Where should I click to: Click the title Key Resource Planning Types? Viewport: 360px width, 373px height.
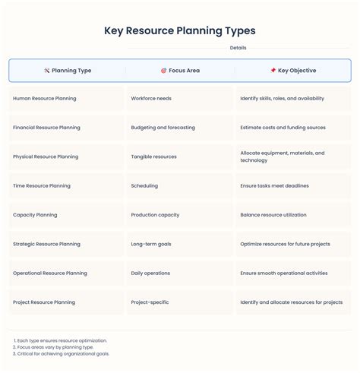[x=180, y=31]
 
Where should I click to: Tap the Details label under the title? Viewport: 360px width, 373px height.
[x=238, y=48]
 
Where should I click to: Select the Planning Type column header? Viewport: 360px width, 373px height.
[x=68, y=71]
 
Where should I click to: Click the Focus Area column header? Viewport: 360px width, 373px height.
[x=180, y=71]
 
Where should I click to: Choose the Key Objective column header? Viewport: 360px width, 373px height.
[x=292, y=71]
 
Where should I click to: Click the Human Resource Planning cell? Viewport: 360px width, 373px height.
[x=45, y=99]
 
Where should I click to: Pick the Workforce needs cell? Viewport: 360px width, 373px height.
[x=151, y=99]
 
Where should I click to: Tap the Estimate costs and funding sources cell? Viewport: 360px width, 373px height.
[x=282, y=128]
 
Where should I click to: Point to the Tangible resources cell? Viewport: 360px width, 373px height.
[x=153, y=156]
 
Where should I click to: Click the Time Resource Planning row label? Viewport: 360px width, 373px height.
[x=42, y=185]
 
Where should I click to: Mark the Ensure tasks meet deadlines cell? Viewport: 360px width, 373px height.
[x=274, y=185]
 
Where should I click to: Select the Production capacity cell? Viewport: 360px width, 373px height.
[x=155, y=215]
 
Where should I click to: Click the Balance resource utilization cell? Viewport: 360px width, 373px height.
[x=273, y=215]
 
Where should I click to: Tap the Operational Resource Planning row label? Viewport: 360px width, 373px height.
[x=50, y=273]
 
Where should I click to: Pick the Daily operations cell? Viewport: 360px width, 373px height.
[x=152, y=273]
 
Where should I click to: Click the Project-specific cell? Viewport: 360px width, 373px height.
[x=150, y=302]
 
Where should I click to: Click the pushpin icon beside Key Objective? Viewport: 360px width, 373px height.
[x=273, y=71]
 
